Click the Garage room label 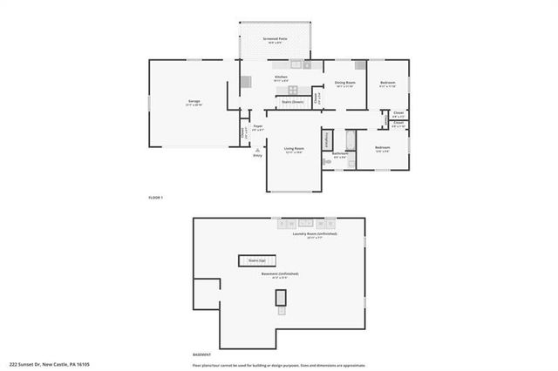point(194,102)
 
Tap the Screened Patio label point(278,38)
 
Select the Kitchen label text point(281,77)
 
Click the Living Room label point(294,148)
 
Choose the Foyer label point(258,127)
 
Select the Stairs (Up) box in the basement point(257,260)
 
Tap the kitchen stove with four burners point(292,89)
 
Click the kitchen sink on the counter point(296,64)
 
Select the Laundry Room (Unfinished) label point(315,234)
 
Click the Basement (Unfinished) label point(280,273)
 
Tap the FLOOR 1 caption point(156,199)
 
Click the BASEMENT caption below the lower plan point(201,354)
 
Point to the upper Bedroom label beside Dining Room point(388,83)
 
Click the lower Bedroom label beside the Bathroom point(382,147)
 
